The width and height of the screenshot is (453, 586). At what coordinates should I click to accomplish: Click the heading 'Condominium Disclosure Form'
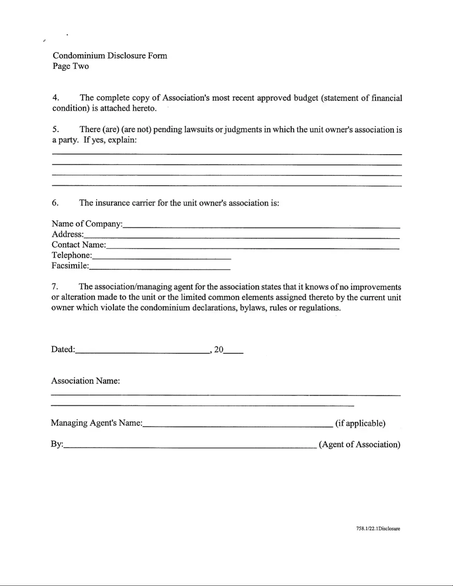tap(110, 56)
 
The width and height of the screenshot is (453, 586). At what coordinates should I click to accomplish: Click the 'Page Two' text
tap(71, 66)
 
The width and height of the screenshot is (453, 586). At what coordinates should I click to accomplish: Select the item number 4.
tap(55, 98)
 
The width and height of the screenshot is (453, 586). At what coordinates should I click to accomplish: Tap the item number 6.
tap(55, 203)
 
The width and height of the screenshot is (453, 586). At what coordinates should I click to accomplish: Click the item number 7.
tap(55, 287)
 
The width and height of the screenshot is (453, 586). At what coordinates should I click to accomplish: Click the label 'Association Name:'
tap(85, 381)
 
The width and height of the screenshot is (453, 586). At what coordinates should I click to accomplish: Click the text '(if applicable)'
tap(360, 423)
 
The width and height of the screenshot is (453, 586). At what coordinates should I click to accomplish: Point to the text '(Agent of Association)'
tap(359, 444)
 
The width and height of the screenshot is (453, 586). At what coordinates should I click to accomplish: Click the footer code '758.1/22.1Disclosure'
tap(378, 529)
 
